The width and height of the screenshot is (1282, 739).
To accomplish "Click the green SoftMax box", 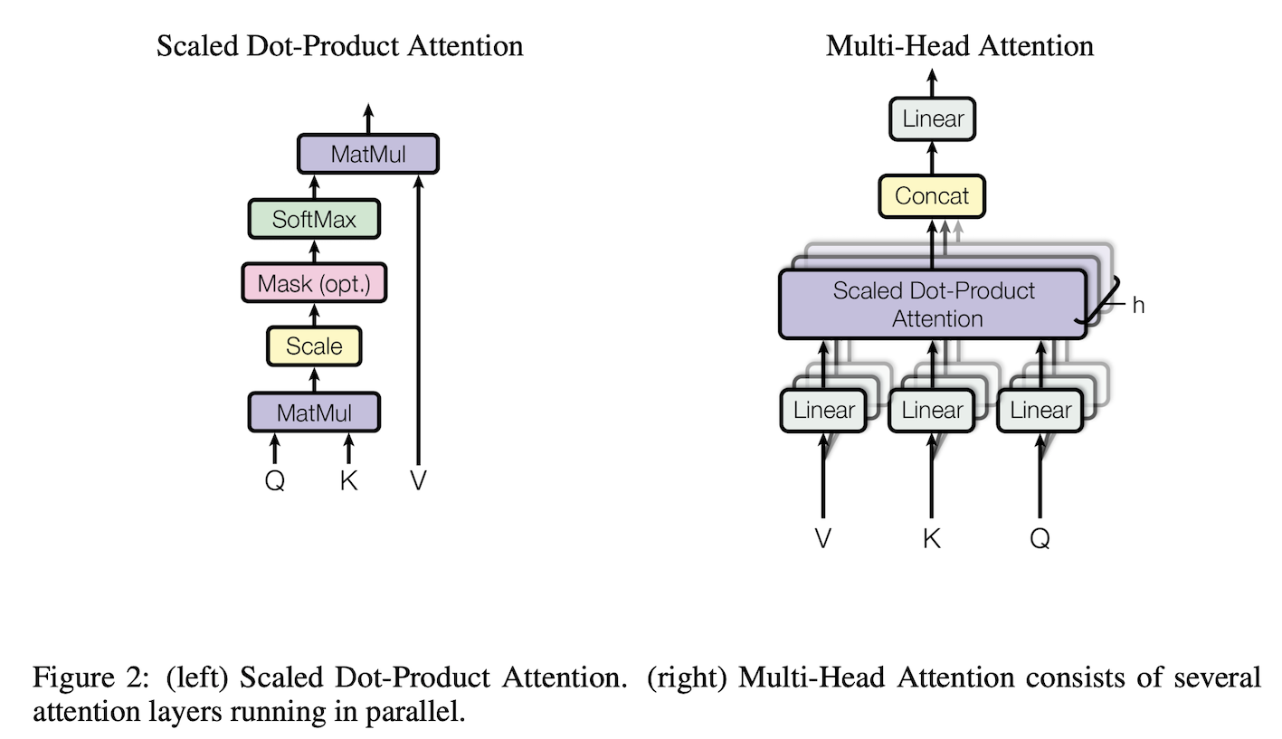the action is [314, 219].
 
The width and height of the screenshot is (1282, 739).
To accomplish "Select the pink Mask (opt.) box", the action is [314, 282].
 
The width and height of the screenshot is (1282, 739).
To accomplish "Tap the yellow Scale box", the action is [314, 346].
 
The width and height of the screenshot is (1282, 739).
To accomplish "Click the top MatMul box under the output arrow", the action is [368, 154].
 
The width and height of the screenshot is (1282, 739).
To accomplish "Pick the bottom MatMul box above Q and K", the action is [314, 412].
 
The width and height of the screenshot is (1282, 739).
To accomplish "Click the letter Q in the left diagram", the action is [275, 480].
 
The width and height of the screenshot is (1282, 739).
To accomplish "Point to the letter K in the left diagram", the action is [348, 480].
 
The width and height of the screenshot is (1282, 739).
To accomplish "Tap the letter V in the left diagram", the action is [418, 480].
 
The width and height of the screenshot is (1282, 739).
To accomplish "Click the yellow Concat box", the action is [932, 196].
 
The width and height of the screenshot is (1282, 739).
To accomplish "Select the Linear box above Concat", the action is [932, 119].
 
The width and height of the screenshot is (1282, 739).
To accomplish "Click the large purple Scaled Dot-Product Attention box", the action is [933, 304].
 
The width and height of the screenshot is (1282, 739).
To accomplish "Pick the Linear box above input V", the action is [823, 410].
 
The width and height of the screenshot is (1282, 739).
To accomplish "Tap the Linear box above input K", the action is [931, 410].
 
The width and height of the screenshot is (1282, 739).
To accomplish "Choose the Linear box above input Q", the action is [1040, 410].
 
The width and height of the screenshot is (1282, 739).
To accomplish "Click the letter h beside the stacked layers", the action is [1138, 306].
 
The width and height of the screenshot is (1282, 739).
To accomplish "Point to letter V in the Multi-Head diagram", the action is [823, 538].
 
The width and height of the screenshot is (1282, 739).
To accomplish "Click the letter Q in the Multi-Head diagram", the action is [1040, 539].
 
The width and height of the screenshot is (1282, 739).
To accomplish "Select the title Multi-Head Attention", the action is [960, 46].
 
